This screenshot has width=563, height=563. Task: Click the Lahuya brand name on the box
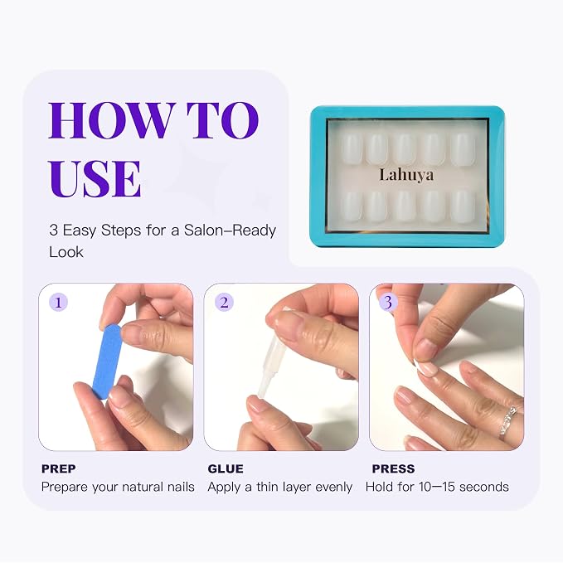[406, 175]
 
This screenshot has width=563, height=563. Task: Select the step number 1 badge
[59, 302]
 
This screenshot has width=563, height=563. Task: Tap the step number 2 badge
[224, 302]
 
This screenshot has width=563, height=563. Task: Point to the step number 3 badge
[388, 302]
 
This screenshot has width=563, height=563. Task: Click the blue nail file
[108, 362]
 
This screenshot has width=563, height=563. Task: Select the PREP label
[59, 468]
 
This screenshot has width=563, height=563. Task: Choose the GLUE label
[226, 468]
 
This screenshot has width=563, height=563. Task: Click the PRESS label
[393, 468]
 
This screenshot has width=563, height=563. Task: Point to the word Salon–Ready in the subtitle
[230, 231]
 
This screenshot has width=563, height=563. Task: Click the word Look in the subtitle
[66, 252]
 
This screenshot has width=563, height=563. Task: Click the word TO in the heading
[222, 120]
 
